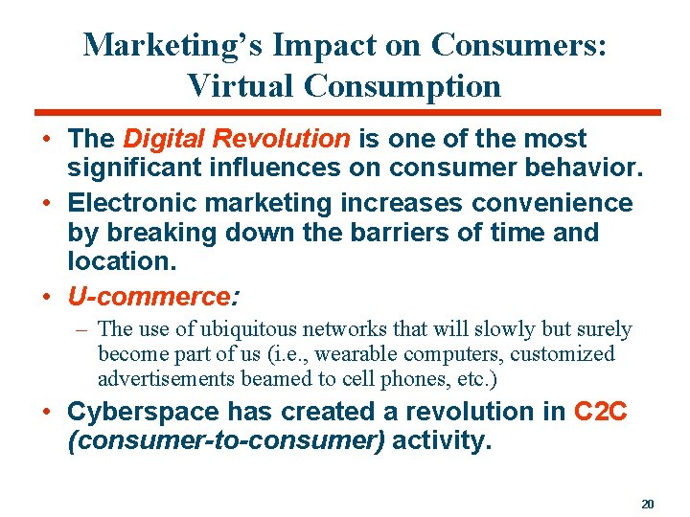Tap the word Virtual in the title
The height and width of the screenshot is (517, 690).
241,85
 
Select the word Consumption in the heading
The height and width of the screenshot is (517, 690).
402,86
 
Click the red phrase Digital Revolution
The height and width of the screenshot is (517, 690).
238,139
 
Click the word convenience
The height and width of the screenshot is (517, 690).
551,204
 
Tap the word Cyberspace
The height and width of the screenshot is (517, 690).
144,412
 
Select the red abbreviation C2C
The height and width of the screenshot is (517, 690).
602,412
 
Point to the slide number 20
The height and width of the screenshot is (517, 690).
647,503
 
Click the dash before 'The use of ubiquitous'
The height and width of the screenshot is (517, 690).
84,329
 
